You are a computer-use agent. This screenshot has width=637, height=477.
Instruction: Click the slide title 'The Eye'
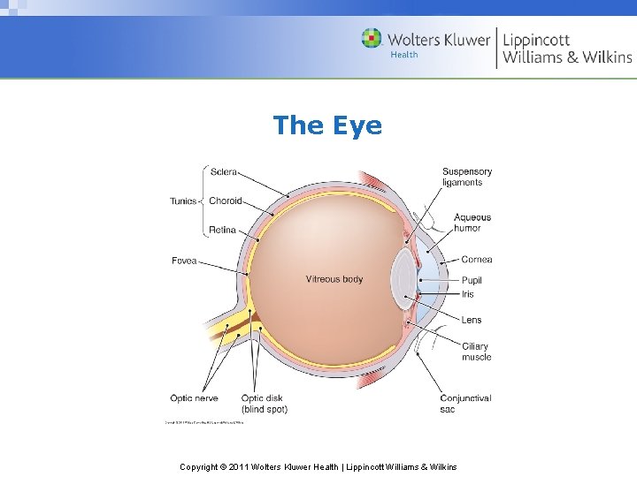(x=327, y=125)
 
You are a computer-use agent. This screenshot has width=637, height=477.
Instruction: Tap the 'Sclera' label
(x=223, y=171)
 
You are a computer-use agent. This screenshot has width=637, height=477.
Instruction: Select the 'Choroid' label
(x=225, y=201)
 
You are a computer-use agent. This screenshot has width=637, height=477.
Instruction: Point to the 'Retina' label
(x=222, y=231)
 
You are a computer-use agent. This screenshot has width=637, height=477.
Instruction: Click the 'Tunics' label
(x=183, y=201)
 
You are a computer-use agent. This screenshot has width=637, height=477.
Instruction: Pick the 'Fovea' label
(x=184, y=261)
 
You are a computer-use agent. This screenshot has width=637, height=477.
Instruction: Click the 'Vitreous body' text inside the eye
(x=334, y=279)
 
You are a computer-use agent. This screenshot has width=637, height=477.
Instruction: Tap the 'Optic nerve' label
(x=194, y=398)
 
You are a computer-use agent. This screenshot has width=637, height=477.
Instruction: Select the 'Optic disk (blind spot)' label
(x=264, y=404)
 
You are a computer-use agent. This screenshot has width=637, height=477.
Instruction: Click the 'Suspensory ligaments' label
(x=467, y=177)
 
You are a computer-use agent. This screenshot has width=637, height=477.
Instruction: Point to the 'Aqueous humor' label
(x=472, y=223)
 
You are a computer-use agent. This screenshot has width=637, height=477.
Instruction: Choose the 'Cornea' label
(x=476, y=260)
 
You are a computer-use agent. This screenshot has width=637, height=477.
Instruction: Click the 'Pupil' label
(x=472, y=281)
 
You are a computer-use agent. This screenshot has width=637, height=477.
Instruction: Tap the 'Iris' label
(x=467, y=294)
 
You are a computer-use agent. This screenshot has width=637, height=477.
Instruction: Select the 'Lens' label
(x=472, y=320)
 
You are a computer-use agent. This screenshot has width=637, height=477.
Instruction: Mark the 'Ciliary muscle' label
(x=476, y=352)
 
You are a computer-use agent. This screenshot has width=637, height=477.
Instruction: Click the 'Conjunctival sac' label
(x=465, y=404)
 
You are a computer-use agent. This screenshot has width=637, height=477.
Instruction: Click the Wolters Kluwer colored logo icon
(x=372, y=39)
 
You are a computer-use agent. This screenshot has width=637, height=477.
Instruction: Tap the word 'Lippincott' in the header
(x=536, y=39)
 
